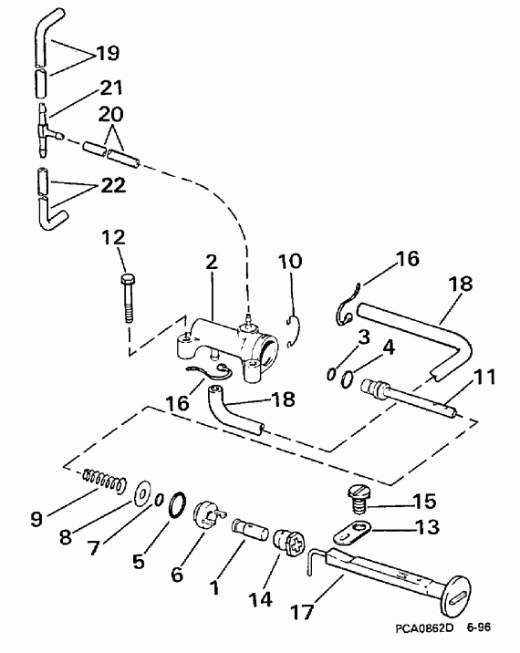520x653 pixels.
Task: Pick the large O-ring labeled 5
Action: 181,503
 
